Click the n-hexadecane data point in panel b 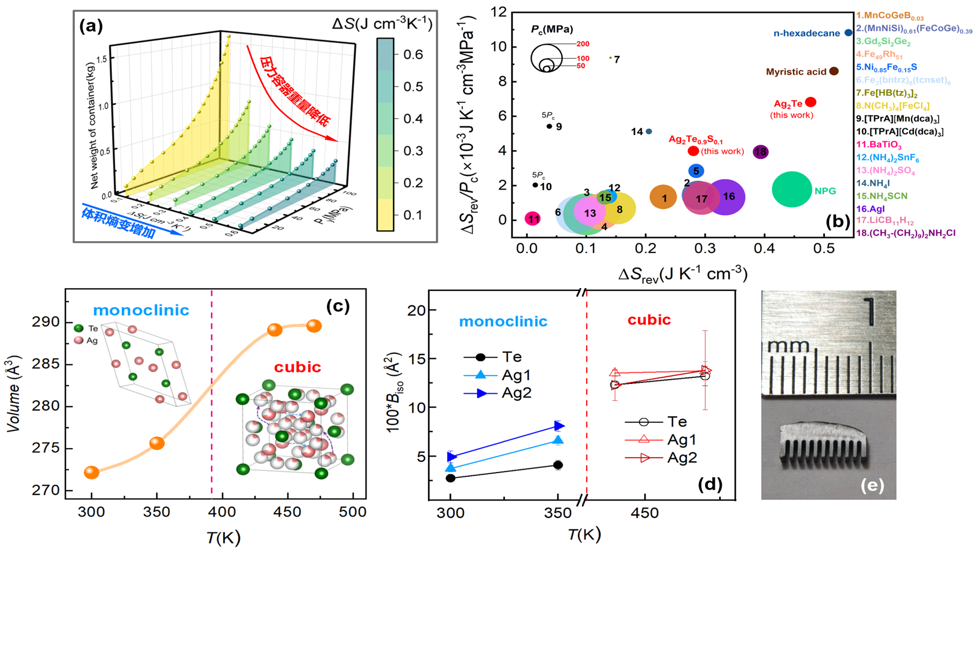(x=848, y=33)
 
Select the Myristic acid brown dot (x=834, y=71)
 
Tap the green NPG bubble (x=792, y=189)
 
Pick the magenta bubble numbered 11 (x=533, y=219)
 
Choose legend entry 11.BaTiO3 (x=879, y=145)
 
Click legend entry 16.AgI (x=870, y=209)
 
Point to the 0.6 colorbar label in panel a (x=413, y=55)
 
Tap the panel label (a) (x=91, y=26)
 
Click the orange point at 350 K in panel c (x=157, y=443)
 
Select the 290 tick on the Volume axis (x=48, y=322)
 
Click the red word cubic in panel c (x=297, y=367)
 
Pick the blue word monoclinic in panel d (x=503, y=321)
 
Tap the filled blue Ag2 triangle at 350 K (x=559, y=426)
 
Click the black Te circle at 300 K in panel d (x=450, y=478)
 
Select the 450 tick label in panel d (x=644, y=513)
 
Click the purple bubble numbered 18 (x=760, y=152)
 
